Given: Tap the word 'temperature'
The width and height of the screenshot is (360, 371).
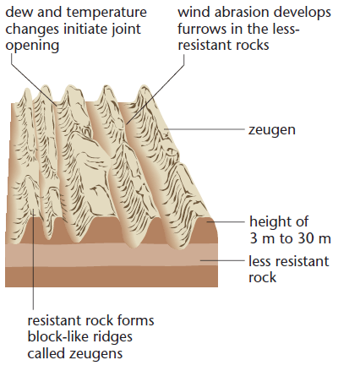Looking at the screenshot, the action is pos(106,13).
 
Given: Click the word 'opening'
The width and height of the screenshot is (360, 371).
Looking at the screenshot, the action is pos(32,46).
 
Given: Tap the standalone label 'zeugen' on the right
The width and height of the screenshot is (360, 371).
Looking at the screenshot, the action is pos(272,131).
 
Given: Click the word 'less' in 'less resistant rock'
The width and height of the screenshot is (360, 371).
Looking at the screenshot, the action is pos(259,261).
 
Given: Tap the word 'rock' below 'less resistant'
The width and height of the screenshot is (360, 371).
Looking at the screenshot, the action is pos(262,277).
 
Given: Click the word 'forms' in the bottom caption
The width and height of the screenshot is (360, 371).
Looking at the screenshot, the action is pos(136,320).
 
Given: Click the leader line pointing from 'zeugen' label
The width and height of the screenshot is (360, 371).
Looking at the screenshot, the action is pos(205,129).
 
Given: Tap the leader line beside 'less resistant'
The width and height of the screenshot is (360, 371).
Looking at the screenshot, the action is pos(222,260).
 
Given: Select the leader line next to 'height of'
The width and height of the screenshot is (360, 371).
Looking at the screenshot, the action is pos(226,221).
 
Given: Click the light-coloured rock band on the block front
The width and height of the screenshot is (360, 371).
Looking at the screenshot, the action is pos(112,254).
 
